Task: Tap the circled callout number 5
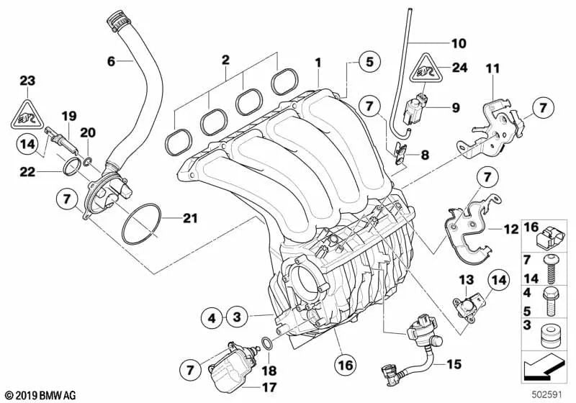(369, 62)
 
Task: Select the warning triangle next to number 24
(426, 68)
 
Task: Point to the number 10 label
(459, 43)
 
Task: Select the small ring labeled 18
(267, 343)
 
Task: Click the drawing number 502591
(547, 394)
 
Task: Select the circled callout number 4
(212, 317)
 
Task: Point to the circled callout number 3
(237, 317)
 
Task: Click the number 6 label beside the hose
(111, 61)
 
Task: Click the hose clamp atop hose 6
(117, 20)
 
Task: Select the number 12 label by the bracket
(510, 230)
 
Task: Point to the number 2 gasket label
(225, 60)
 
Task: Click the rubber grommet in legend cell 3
(549, 335)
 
